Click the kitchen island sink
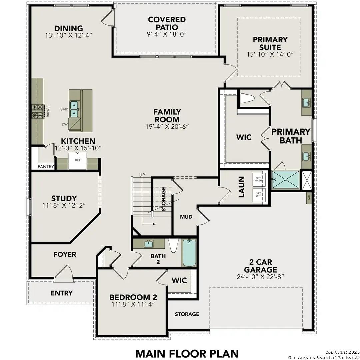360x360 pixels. pyautogui.click(x=75, y=109)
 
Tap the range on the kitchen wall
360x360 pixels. pyautogui.click(x=38, y=111)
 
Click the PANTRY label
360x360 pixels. pyautogui.click(x=46, y=167)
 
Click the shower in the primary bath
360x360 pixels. pyautogui.click(x=286, y=180)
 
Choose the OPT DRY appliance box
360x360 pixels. pyautogui.click(x=259, y=195)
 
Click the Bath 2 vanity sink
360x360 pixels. pyautogui.click(x=149, y=244)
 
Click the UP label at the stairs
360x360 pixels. pyautogui.click(x=142, y=175)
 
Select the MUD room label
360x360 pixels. pyautogui.click(x=186, y=217)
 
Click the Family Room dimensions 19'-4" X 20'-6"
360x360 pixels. pyautogui.click(x=163, y=127)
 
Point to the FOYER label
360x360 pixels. pyautogui.click(x=65, y=254)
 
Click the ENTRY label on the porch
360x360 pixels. pyautogui.click(x=61, y=293)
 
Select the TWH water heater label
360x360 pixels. pyautogui.click(x=309, y=198)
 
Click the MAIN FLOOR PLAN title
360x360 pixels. pyautogui.click(x=187, y=353)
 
